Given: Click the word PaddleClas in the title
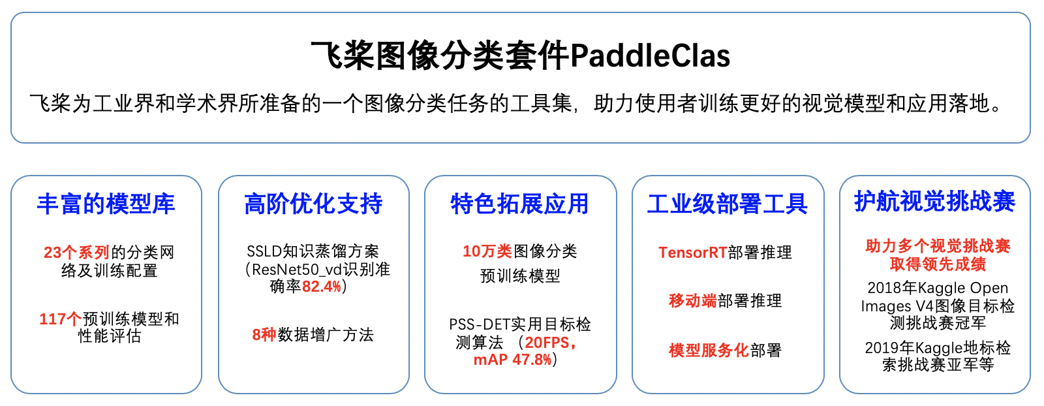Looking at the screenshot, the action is [x=650, y=56].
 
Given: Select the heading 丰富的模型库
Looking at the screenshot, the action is [x=106, y=204].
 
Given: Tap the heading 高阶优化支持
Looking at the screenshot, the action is [x=313, y=204].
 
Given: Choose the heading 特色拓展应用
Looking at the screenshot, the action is [x=519, y=204].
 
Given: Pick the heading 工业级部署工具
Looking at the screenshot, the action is [x=727, y=204].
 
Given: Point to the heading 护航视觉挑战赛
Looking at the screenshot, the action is [x=934, y=202].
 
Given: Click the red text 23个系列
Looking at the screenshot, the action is [x=76, y=252].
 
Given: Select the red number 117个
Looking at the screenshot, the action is [x=60, y=319].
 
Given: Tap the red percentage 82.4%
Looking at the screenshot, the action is [x=322, y=286].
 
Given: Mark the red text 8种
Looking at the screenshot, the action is [x=264, y=335].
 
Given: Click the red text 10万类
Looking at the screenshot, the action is [x=487, y=251].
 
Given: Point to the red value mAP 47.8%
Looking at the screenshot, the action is [x=512, y=360].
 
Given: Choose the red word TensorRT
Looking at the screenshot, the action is [x=692, y=253].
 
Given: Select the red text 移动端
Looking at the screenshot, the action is [x=692, y=301].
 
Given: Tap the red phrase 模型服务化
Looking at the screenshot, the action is [x=709, y=350].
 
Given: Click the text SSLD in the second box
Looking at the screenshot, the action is [x=264, y=252].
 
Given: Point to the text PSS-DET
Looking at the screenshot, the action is [x=480, y=324].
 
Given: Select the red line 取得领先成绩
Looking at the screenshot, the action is [x=938, y=264].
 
